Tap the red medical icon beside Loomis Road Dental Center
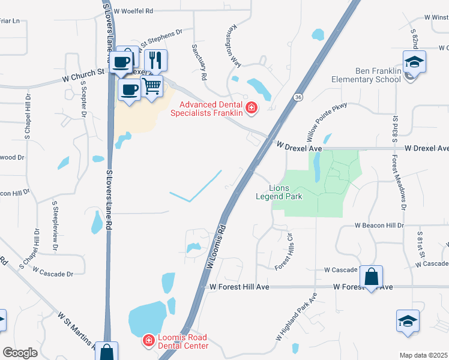coord(148,341)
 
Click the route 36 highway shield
coord(298,97)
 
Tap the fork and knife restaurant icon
coord(155,60)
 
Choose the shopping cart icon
coord(152,86)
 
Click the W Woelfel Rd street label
coord(133,11)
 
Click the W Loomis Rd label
coord(217,246)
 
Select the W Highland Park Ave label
coord(297,317)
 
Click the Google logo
coord(20,353)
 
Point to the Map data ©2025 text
coord(423,355)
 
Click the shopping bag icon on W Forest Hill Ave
coord(372,277)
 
